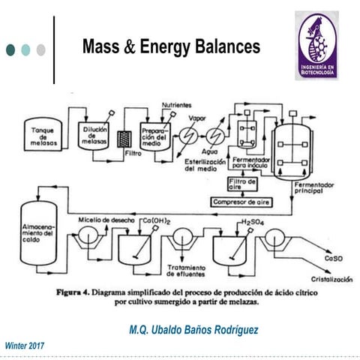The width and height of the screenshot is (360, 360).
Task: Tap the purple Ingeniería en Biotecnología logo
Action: click(320, 44)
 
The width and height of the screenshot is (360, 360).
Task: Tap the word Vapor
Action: click(196, 118)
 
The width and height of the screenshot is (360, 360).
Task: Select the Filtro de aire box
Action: click(241, 184)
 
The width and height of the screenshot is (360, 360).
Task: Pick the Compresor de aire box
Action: click(242, 201)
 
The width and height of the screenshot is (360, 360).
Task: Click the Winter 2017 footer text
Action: click(25, 345)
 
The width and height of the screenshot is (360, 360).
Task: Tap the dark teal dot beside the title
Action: click(10, 49)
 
